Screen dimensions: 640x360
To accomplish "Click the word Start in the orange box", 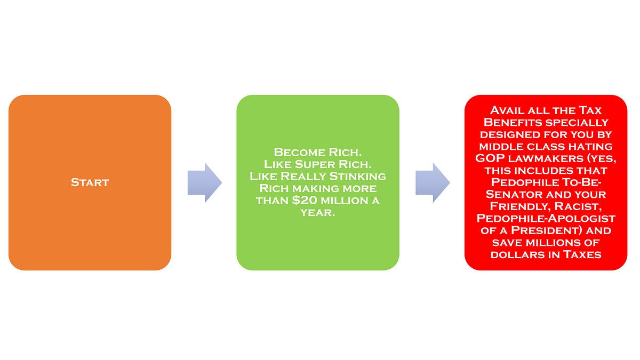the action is [90, 182].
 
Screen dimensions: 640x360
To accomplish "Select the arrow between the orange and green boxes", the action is [204, 182].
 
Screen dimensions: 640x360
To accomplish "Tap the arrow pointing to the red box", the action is [433, 182].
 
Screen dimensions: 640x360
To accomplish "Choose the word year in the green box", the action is [317, 213].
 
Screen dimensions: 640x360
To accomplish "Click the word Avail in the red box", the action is [506, 110].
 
